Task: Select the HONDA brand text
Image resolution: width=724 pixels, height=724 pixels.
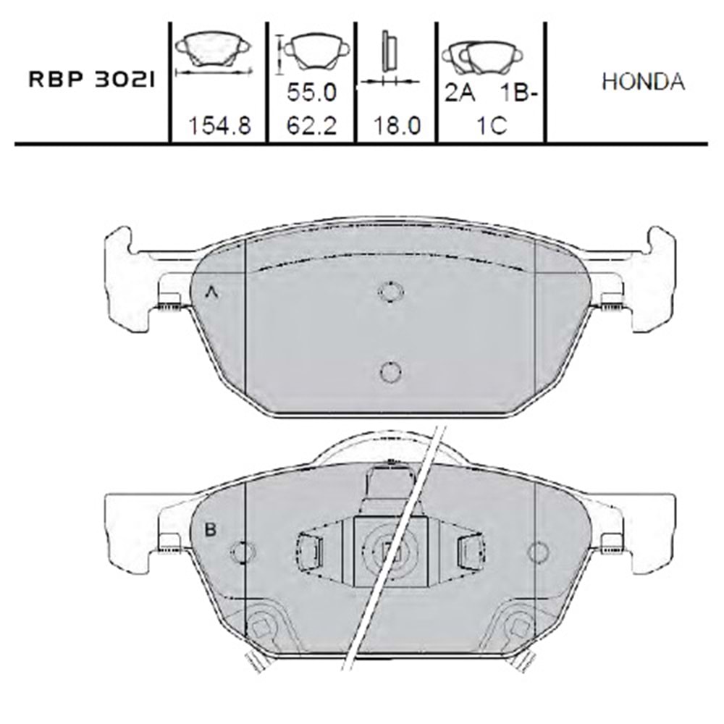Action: click(x=643, y=82)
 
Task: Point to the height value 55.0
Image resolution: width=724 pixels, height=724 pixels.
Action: click(x=311, y=93)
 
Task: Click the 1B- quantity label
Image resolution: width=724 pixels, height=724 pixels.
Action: click(x=518, y=93)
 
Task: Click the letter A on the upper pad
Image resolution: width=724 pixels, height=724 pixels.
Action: click(x=211, y=292)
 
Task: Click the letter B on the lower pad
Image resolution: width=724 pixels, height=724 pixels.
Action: click(x=211, y=530)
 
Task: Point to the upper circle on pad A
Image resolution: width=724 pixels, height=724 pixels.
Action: click(x=390, y=291)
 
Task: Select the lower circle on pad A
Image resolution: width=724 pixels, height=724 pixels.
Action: click(x=390, y=371)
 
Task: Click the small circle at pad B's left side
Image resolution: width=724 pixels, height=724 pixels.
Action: click(x=239, y=552)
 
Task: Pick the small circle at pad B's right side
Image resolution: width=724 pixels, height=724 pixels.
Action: click(x=538, y=552)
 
